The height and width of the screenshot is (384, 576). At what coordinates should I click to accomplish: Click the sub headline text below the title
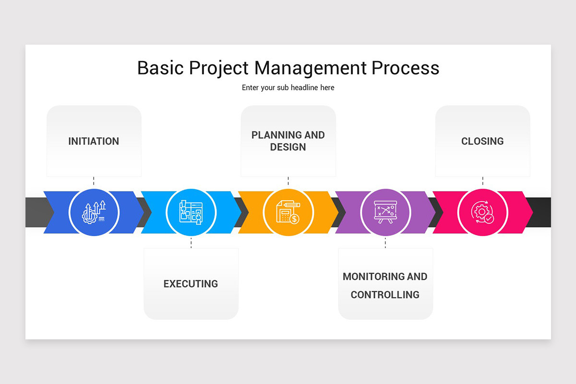288,88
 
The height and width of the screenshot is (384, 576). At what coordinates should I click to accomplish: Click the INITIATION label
94,141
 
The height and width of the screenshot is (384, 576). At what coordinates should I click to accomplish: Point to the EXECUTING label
191,284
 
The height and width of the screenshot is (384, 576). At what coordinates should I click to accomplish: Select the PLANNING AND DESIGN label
288,141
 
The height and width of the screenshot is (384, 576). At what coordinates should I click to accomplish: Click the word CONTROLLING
385,295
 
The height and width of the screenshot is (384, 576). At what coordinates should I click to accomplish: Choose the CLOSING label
482,141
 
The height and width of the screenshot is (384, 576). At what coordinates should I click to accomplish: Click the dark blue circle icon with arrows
94,212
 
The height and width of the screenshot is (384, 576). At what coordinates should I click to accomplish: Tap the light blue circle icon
191,212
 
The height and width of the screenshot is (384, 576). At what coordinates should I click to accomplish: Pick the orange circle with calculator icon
288,212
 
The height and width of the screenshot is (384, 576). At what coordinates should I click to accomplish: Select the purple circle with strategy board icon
385,212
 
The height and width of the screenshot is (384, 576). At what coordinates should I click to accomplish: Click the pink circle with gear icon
482,212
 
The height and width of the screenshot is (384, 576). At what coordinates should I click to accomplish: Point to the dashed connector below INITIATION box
94,181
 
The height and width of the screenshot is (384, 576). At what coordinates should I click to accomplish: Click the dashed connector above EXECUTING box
191,243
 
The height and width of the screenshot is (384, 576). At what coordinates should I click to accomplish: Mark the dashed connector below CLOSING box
482,181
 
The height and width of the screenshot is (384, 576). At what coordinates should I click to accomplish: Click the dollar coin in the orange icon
295,219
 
